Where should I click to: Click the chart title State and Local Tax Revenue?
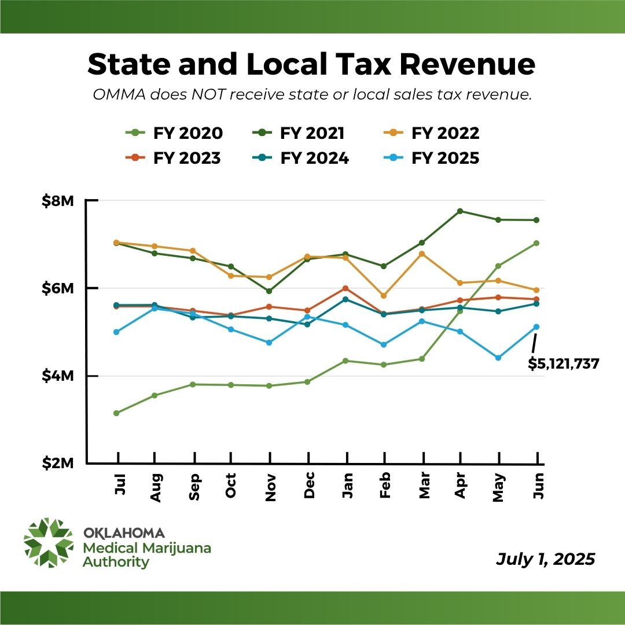[311, 65]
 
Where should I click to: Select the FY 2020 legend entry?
[174, 133]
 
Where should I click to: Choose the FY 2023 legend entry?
[174, 158]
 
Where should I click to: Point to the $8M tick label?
[58, 201]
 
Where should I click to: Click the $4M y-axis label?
[58, 376]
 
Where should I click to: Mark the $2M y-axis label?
[58, 464]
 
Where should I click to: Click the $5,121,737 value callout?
[563, 363]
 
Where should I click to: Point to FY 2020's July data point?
[116, 413]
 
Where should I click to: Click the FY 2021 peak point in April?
[460, 211]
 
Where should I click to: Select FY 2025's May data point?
[498, 358]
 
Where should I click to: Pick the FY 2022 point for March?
[422, 253]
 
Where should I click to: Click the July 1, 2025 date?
[545, 560]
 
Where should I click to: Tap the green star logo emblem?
[49, 543]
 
